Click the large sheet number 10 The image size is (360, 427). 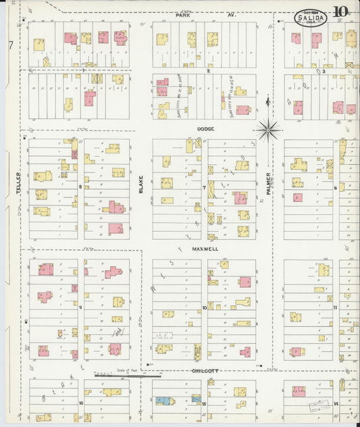[340, 11]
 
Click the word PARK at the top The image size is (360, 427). [183, 14]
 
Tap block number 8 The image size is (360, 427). [80, 186]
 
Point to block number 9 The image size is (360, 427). [80, 307]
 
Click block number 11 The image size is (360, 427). [335, 307]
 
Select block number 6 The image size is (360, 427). [335, 187]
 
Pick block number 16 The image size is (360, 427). [80, 403]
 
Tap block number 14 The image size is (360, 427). [336, 403]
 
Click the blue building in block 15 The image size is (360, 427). [162, 401]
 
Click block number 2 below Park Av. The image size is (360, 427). [209, 70]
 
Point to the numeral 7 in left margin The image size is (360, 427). [11, 45]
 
